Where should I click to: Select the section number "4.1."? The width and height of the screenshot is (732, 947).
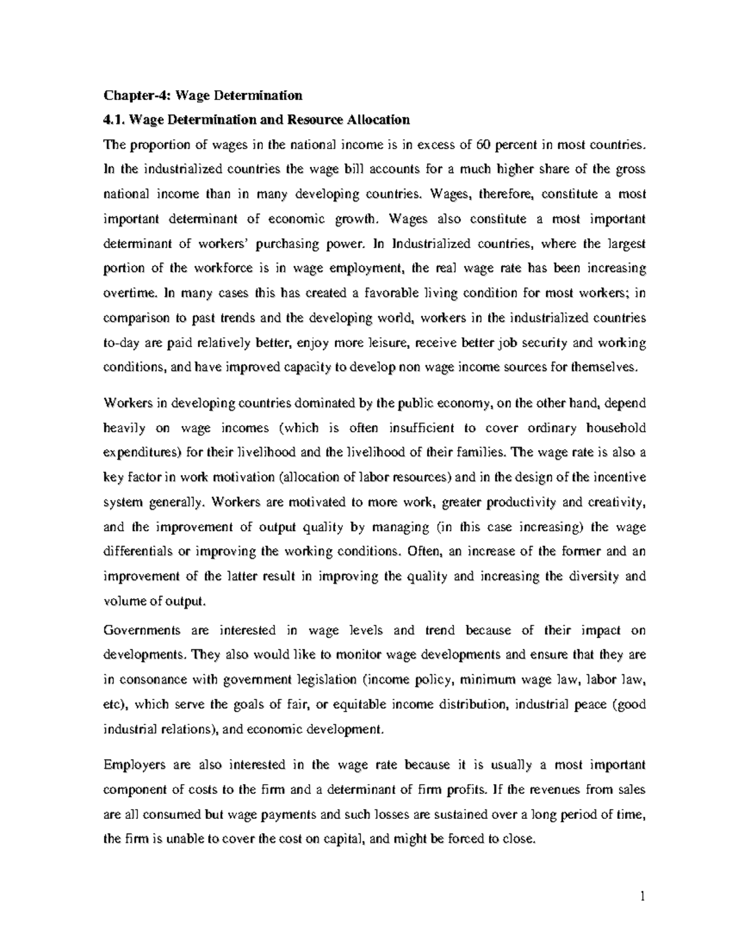point(115,120)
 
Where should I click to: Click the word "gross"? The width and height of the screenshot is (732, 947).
point(630,170)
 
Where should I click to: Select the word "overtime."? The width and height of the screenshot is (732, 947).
point(130,293)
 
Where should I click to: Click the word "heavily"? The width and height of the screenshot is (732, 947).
point(124,428)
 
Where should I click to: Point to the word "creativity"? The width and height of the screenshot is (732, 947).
point(615,502)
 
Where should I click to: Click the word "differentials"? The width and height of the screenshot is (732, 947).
point(138,551)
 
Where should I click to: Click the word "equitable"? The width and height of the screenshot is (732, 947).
point(361,705)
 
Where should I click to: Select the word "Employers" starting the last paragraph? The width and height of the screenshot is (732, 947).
point(132,765)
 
